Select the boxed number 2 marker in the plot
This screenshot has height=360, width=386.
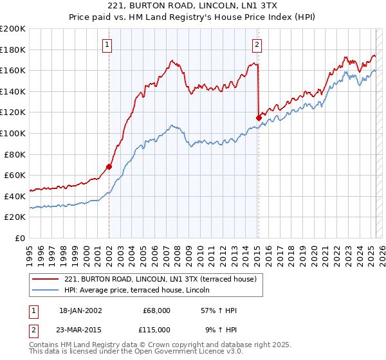point(257,44)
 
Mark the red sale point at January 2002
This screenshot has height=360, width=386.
point(109,166)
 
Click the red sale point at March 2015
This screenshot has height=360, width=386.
point(259,118)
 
